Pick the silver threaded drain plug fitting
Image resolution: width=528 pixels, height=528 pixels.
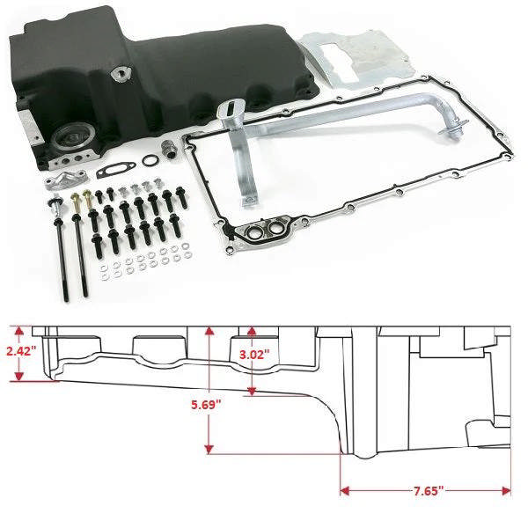click(x=168, y=144)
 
